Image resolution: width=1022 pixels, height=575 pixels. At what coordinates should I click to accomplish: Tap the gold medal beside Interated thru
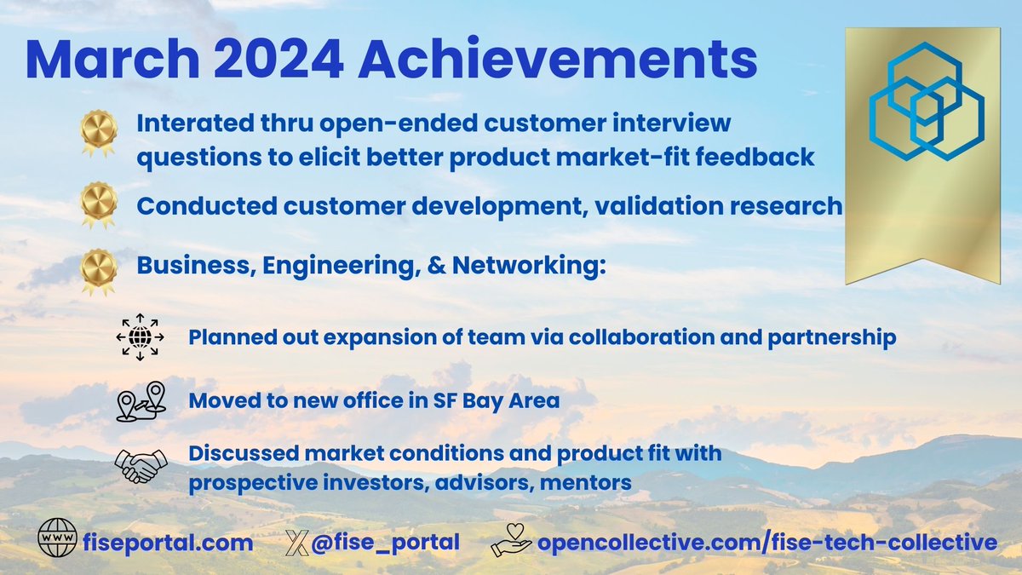pos(98,135)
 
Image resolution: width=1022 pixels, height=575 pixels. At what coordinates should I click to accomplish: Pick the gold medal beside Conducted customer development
pos(98,204)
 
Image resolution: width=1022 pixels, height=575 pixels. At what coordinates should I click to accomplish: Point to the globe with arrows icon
pos(137,337)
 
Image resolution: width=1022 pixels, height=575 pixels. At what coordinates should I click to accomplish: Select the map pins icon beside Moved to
pos(140,401)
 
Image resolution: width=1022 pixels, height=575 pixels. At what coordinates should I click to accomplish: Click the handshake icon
pos(141,464)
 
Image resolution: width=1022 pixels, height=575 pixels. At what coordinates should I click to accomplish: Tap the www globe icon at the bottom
pos(58,542)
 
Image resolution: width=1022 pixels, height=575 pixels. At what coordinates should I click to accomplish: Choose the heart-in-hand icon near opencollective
pos(511,541)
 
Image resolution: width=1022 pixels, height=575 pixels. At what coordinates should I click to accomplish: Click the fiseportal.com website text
pos(168,543)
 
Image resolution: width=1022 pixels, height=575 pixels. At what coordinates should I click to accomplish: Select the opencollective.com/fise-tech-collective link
pos(766,543)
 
